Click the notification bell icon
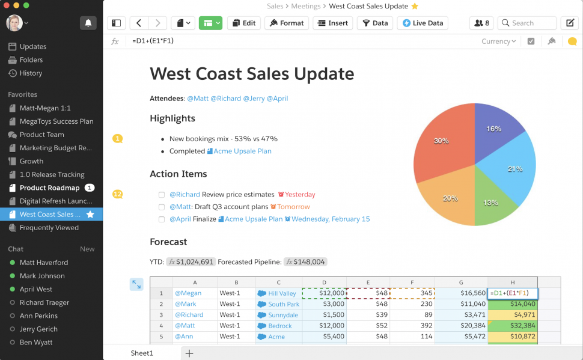[88, 23]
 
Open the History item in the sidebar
[31, 73]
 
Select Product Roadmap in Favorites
[49, 188]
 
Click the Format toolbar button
[287, 23]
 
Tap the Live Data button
[423, 23]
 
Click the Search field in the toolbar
[527, 23]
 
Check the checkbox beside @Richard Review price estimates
[161, 195]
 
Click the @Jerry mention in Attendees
[253, 99]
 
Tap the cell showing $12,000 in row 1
[324, 293]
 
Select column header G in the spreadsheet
[461, 282]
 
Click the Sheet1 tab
[142, 353]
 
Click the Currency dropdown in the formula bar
[498, 41]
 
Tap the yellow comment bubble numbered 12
[117, 194]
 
